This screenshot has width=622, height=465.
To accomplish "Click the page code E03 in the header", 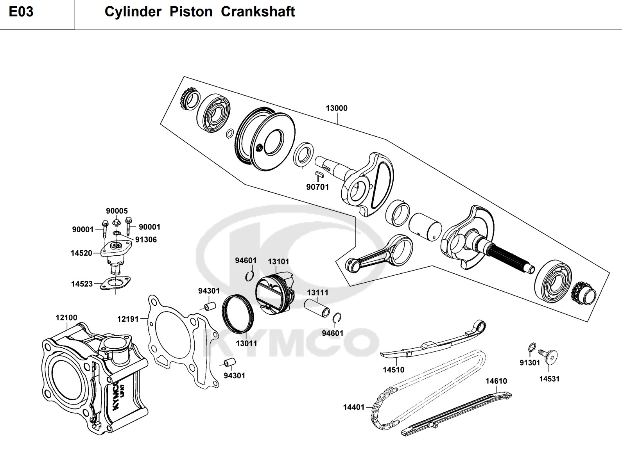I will (21, 12).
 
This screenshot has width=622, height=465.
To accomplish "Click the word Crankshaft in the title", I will (258, 12).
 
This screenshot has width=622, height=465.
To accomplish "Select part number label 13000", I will (336, 108).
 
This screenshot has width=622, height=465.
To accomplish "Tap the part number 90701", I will (317, 187).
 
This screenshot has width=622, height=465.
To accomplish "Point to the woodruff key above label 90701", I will (318, 173).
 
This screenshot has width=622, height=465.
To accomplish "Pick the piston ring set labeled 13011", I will (238, 314).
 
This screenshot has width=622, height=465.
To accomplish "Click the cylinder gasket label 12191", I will (128, 319).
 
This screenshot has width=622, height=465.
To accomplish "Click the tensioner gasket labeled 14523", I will (115, 283).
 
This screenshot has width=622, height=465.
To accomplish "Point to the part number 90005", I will (117, 211).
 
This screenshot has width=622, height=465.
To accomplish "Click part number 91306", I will (145, 240).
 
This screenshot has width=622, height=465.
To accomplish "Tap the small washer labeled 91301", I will (532, 347).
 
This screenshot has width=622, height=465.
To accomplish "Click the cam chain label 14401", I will (353, 407).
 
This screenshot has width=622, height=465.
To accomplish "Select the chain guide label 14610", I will (496, 381).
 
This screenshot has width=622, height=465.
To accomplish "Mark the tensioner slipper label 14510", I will (393, 370).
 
